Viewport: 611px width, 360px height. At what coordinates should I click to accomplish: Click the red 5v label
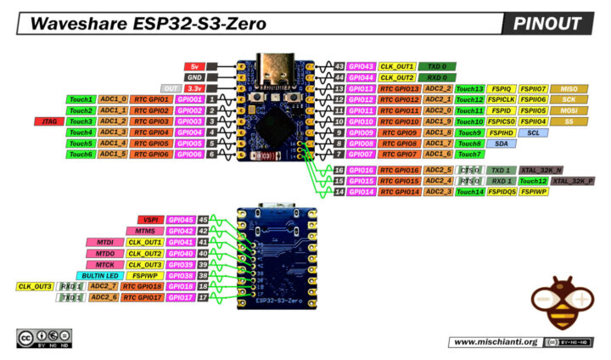tap(193, 66)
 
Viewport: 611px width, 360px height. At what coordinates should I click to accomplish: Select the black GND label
tap(193, 77)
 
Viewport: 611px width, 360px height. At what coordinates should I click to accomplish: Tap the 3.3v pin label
tap(193, 88)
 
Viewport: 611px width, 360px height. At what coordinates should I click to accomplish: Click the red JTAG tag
tap(45, 121)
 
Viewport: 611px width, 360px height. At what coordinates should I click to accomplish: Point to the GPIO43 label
tap(362, 66)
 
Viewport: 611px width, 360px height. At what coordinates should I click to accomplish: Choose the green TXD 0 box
tap(438, 66)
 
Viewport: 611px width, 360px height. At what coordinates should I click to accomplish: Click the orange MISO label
tap(569, 88)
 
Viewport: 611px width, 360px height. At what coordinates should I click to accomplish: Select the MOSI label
tap(569, 110)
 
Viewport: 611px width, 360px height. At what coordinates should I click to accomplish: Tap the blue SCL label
tap(533, 132)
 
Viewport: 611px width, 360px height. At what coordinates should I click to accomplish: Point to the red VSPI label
tap(151, 220)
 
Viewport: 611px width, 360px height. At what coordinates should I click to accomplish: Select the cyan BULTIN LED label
tap(99, 275)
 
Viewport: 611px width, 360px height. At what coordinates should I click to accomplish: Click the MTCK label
tap(106, 264)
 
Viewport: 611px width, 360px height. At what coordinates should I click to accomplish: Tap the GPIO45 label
tap(181, 220)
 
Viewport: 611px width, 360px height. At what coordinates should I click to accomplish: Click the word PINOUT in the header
tap(547, 24)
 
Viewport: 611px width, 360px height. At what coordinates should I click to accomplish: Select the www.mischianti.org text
tap(495, 341)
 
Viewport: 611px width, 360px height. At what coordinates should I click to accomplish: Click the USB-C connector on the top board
tap(276, 66)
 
